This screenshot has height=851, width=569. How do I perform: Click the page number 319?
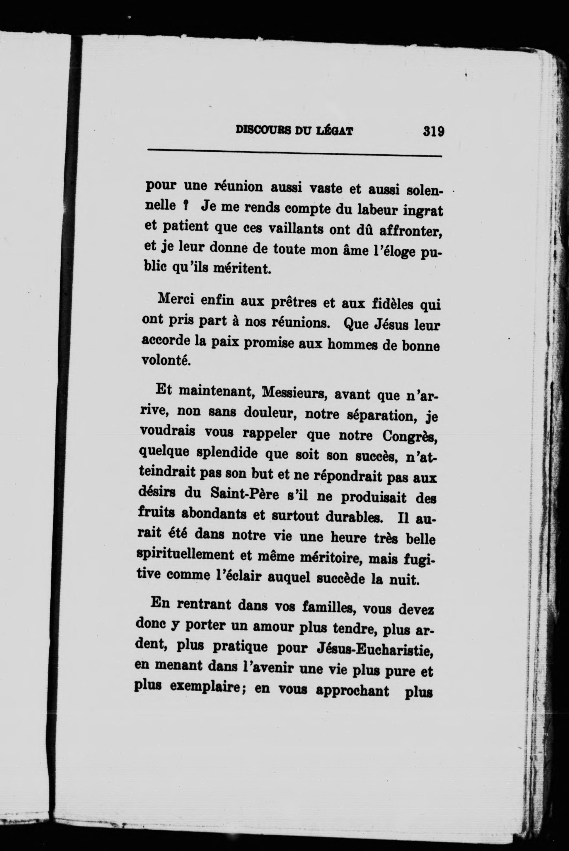click(x=433, y=130)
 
